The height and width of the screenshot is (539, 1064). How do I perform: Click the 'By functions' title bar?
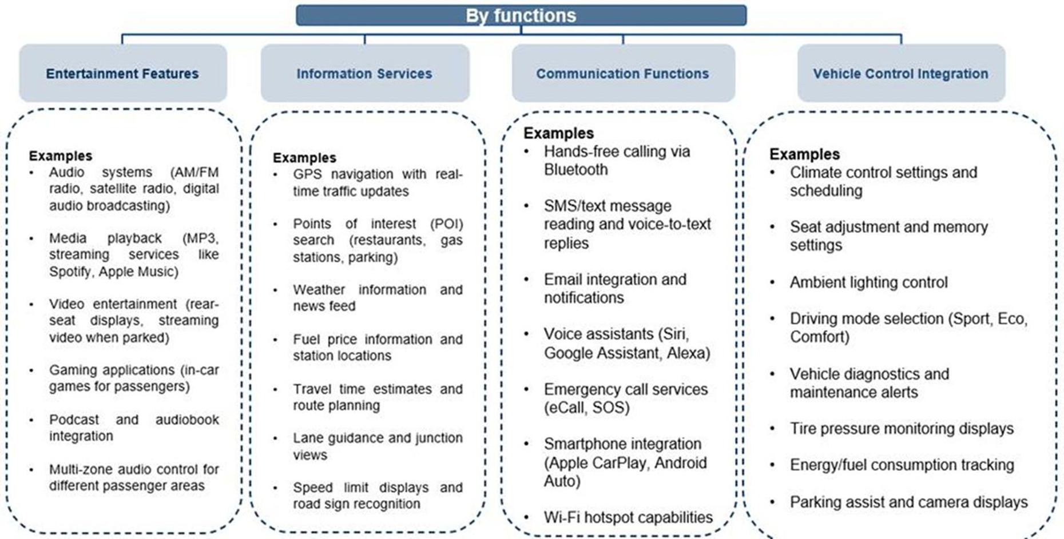[x=521, y=15]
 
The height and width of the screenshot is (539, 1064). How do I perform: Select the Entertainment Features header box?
[x=122, y=74]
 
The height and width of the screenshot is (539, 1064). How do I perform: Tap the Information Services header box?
[x=364, y=74]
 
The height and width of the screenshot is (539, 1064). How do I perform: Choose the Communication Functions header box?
[x=622, y=74]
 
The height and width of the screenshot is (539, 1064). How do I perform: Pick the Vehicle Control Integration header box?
[x=900, y=74]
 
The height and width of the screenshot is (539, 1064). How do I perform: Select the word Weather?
[x=319, y=290]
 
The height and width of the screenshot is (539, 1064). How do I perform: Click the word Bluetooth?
[x=575, y=170]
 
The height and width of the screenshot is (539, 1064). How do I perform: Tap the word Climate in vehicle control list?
[x=815, y=173]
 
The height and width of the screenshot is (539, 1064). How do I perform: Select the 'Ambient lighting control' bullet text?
[x=868, y=282]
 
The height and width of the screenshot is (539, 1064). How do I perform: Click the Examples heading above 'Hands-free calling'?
[x=558, y=133]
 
